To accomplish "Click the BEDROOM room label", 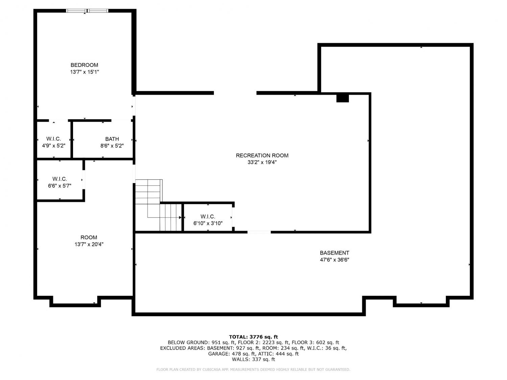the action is (x=84, y=65).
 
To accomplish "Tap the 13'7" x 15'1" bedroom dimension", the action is (x=84, y=72).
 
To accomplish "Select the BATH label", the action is (x=112, y=139).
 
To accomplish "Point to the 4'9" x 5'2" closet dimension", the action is (x=54, y=146).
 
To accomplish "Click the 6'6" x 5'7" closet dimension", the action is (x=59, y=186).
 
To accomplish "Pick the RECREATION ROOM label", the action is (x=262, y=155).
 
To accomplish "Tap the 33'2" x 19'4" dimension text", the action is (x=262, y=162).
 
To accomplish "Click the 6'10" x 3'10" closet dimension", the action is (x=208, y=223).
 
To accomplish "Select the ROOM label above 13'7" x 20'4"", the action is (x=89, y=237).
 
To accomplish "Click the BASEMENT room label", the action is (x=335, y=253).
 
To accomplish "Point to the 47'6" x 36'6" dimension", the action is (x=335, y=260).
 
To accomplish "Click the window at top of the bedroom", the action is (x=87, y=10).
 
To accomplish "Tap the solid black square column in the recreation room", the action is (x=342, y=98).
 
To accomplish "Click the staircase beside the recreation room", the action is (x=159, y=205).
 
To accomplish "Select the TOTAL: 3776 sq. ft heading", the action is (x=254, y=337).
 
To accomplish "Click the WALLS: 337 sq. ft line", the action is (x=254, y=359).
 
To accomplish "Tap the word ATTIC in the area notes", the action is (x=265, y=354).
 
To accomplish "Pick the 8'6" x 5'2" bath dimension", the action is (x=112, y=146).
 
